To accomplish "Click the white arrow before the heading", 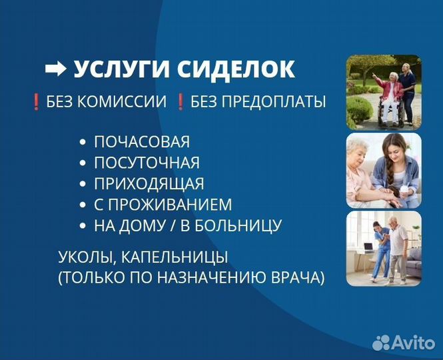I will coord(55,69).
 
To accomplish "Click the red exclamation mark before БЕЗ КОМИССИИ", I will coord(36,102).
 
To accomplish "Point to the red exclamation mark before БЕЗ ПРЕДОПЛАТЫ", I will coord(180,102).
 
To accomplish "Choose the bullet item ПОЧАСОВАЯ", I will coord(142,141).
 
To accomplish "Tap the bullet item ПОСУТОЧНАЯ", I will coord(147,163).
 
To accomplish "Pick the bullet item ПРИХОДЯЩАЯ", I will coord(149,183).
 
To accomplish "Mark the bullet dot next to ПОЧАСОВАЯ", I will coord(83,142).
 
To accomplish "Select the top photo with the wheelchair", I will coord(383,92).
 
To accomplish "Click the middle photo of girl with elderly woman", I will coord(383,171).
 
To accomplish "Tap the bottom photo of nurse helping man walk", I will coord(383,249).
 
